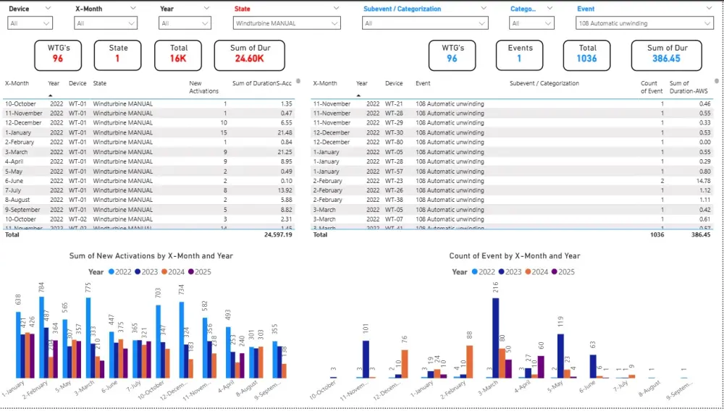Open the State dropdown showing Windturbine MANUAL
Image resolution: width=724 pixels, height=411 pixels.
click(x=286, y=23)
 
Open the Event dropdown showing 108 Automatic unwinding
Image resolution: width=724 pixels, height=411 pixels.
click(x=644, y=23)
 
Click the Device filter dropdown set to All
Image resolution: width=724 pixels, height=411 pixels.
click(x=29, y=23)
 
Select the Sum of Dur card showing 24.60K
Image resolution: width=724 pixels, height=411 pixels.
click(x=249, y=54)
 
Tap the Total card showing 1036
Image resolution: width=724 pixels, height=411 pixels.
click(x=587, y=54)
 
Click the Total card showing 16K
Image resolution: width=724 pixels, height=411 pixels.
click(x=178, y=54)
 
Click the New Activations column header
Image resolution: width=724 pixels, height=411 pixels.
click(x=203, y=87)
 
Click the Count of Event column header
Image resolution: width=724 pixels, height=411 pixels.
click(x=651, y=87)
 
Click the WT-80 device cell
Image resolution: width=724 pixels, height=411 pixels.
click(x=393, y=142)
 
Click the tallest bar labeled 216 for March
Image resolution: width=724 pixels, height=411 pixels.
click(x=496, y=337)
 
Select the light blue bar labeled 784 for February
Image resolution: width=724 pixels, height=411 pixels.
click(x=42, y=337)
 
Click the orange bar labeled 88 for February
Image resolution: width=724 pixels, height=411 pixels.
click(x=469, y=361)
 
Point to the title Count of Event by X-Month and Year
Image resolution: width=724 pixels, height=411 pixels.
click(x=514, y=255)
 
